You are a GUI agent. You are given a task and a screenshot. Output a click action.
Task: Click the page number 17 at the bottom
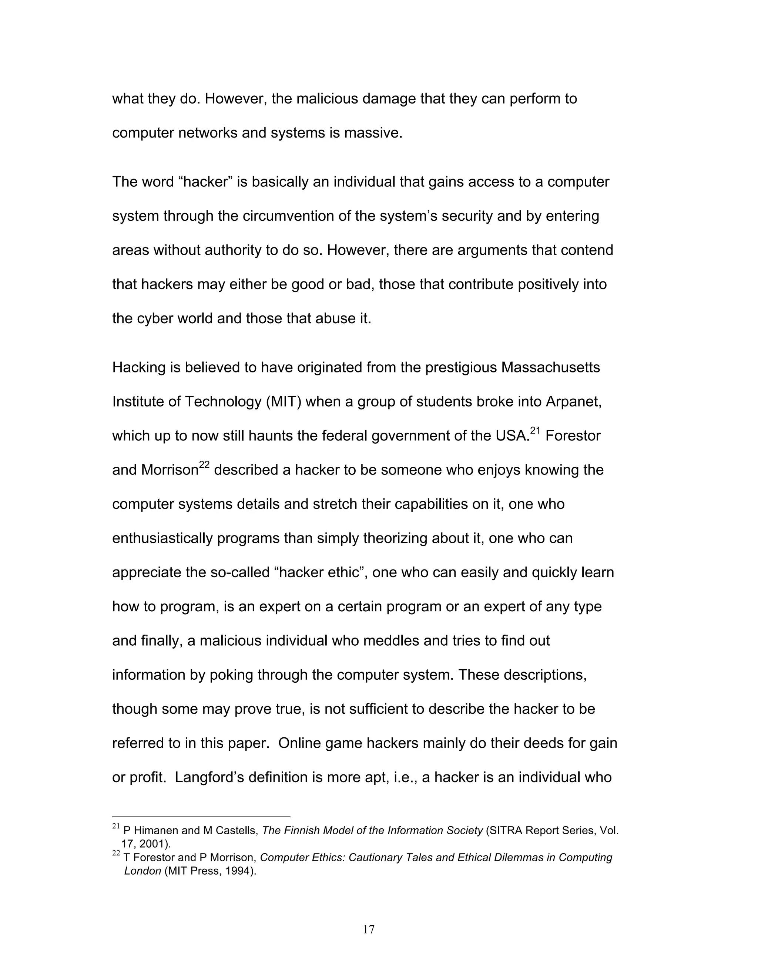[x=368, y=929]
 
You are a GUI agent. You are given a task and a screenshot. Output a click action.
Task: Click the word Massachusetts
[x=550, y=368]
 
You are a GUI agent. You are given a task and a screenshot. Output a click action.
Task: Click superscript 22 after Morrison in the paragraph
[x=204, y=465]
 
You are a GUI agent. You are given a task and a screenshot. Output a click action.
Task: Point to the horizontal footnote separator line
[x=201, y=817]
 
